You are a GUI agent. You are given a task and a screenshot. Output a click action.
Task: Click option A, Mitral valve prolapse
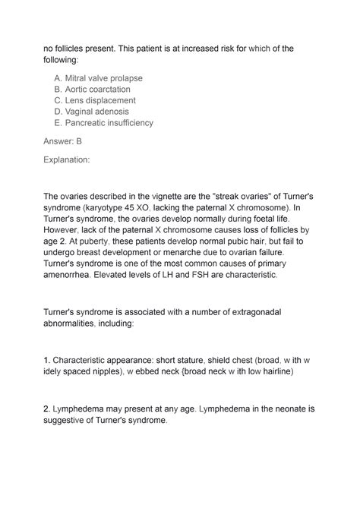pos(103,78)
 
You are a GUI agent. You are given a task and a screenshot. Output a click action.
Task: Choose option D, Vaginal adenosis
pos(99,112)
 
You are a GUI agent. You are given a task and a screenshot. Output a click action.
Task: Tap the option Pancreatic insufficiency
pos(109,123)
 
